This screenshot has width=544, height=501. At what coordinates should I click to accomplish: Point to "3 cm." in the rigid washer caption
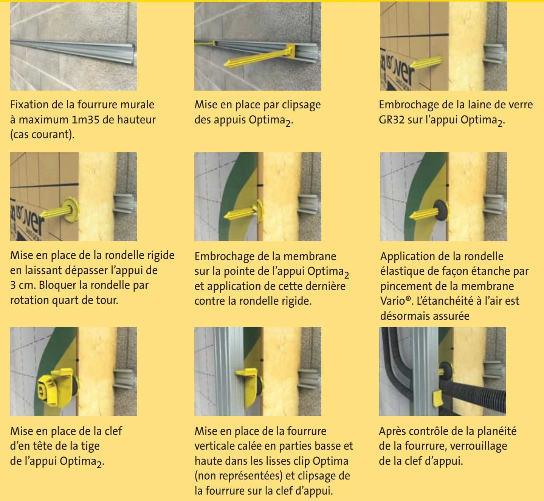tap(23, 285)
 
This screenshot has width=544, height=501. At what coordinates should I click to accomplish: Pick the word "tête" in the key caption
tap(42, 446)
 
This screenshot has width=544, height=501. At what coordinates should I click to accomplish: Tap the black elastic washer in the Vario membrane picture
tap(440, 210)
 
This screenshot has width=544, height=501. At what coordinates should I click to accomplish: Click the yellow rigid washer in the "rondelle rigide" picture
tap(71, 210)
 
